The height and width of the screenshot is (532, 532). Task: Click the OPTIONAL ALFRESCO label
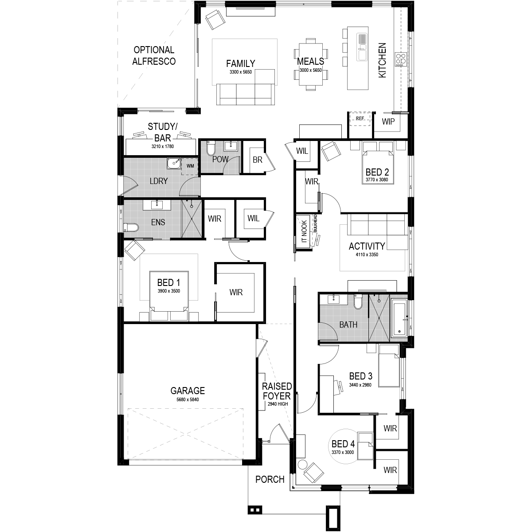click(154, 55)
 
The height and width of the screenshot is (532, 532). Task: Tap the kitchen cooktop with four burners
click(401, 59)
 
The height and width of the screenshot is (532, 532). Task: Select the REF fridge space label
click(360, 118)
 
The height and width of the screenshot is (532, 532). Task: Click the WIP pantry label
click(388, 121)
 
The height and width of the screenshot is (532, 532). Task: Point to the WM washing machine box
click(190, 166)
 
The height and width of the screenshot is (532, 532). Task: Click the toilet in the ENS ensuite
click(131, 227)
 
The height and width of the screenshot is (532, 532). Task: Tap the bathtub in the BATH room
click(399, 320)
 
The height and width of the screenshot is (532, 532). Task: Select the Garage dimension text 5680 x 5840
click(188, 399)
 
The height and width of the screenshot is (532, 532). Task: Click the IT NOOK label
click(304, 231)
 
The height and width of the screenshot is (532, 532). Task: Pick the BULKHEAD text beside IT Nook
click(315, 223)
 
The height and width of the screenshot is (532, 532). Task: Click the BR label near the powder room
click(257, 160)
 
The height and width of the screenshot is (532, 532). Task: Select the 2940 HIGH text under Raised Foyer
click(278, 404)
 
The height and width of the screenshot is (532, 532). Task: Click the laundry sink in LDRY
click(174, 164)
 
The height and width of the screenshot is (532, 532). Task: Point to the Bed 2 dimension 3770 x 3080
click(377, 180)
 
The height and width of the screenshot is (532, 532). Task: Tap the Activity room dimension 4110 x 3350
click(367, 254)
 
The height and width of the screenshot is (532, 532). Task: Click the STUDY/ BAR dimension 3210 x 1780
click(163, 146)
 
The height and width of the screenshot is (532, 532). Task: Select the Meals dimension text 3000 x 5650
click(311, 70)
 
